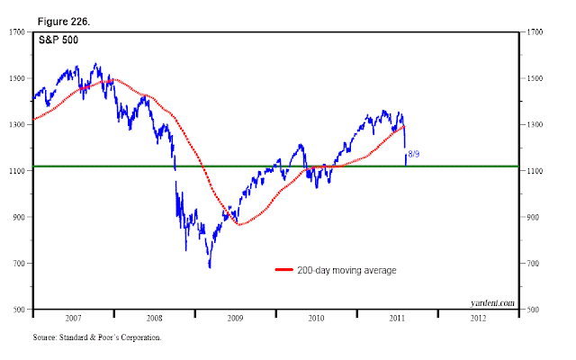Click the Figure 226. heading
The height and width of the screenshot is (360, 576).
point(64,22)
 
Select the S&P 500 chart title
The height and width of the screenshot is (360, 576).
point(58,40)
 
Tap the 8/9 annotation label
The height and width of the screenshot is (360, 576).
point(414,154)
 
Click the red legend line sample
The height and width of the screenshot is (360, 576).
point(284,270)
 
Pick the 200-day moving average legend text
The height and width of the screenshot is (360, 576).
point(346,270)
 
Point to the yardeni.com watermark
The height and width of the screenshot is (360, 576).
point(492,302)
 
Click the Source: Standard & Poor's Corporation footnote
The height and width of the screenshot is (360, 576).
point(97,337)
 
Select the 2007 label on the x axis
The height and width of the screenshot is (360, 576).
point(73,318)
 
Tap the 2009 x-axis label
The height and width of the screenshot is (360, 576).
point(235,318)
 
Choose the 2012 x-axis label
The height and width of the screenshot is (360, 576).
point(478,318)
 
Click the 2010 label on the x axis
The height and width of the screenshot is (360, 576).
point(316,318)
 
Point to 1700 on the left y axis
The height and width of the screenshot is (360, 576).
point(17,32)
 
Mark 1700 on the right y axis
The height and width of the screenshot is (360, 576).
point(535,32)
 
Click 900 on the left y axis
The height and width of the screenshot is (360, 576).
point(19,217)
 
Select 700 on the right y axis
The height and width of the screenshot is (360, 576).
point(533,264)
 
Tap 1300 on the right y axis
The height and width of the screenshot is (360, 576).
point(535,124)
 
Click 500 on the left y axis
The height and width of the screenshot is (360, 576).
point(19,310)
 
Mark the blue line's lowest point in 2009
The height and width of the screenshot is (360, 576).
point(210,267)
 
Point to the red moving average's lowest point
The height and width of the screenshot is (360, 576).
point(239,224)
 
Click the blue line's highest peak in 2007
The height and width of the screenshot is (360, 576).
point(96,63)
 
